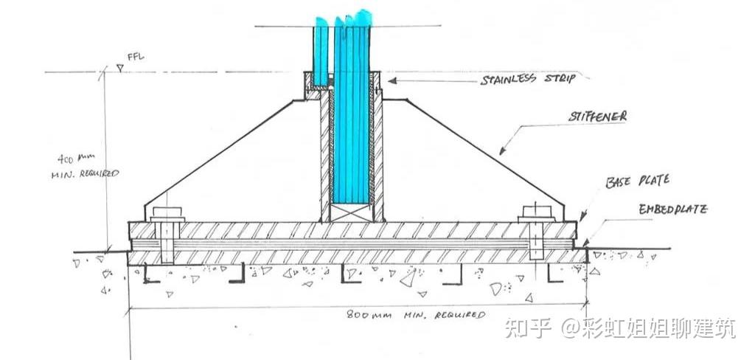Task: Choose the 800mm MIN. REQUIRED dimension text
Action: click(416, 315)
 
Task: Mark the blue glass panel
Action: click(350, 111)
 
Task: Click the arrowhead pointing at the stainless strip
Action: click(393, 80)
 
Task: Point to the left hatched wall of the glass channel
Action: click(324, 155)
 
